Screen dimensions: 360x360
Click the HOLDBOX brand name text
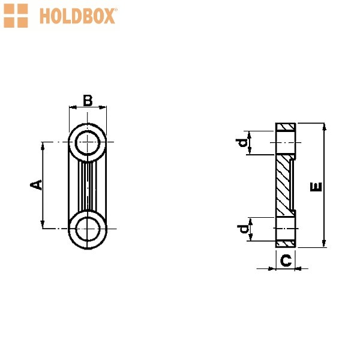point(77,16)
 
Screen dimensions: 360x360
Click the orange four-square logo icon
point(16,16)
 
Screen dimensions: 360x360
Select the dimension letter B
point(88,101)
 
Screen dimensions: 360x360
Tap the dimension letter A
point(37,185)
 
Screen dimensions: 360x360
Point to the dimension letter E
point(316,187)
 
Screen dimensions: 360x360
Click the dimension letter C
point(286,260)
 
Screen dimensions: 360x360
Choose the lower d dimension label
point(243,229)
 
